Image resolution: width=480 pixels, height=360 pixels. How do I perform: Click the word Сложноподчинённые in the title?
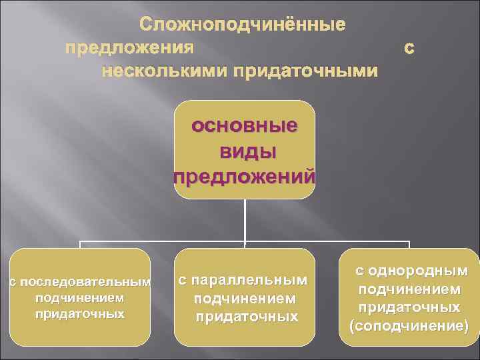tap(243, 26)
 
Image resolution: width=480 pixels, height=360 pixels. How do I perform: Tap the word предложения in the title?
tap(130, 48)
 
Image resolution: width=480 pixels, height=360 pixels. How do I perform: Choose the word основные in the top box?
tap(245, 126)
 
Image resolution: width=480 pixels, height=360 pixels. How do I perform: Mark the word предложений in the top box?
tap(244, 178)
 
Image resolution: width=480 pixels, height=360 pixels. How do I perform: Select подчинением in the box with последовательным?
tap(80, 297)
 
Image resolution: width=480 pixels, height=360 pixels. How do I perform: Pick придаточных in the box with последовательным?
tap(80, 313)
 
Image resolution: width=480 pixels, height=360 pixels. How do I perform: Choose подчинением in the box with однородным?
tap(409, 289)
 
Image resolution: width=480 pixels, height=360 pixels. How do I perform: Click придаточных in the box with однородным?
tap(409, 307)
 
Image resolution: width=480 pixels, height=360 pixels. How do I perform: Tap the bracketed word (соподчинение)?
tap(409, 326)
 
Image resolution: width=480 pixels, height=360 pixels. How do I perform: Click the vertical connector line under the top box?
tap(245, 220)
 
